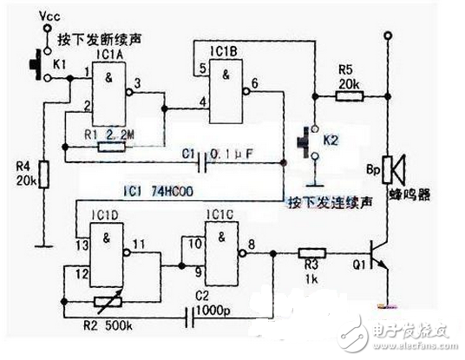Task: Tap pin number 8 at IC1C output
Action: click(x=252, y=244)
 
